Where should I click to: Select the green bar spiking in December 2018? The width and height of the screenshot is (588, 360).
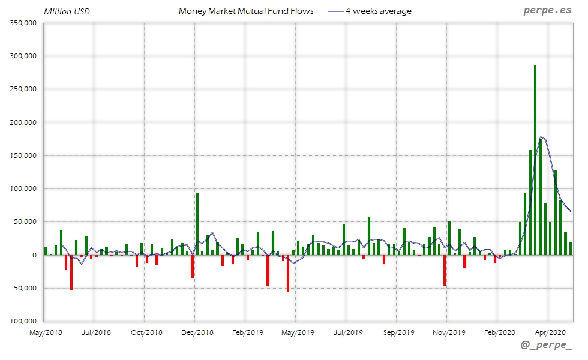click(197, 224)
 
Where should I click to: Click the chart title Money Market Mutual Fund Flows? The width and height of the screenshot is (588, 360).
click(246, 11)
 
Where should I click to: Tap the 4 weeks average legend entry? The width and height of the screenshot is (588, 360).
click(370, 11)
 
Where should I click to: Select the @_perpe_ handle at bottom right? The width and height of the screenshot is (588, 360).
click(546, 345)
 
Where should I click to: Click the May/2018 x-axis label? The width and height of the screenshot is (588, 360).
click(46, 332)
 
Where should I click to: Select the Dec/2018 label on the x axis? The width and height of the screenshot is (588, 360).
click(197, 332)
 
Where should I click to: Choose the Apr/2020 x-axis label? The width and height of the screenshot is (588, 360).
click(550, 332)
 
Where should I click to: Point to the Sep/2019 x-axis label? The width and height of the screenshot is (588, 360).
click(398, 332)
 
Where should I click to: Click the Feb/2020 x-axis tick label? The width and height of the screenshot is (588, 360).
click(499, 332)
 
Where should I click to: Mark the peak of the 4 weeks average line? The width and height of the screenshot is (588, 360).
click(541, 137)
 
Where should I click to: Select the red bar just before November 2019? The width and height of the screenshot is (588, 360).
click(445, 270)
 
